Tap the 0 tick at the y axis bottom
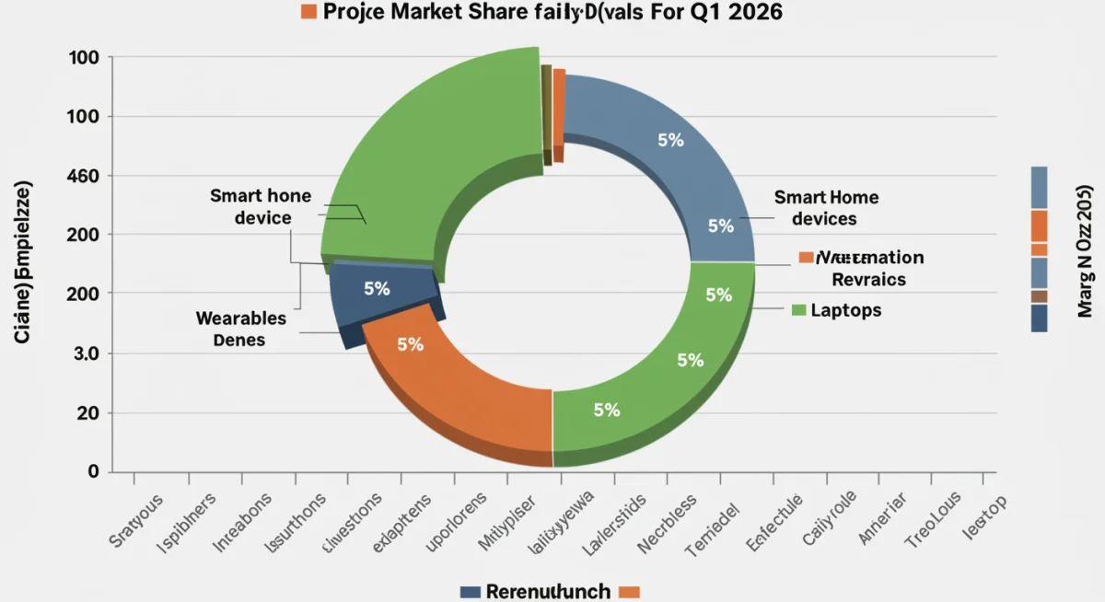click(x=93, y=471)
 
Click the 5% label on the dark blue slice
click(x=377, y=288)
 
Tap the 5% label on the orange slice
click(x=410, y=344)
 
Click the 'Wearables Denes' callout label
click(x=240, y=329)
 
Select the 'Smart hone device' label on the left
click(x=261, y=207)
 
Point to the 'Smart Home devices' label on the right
click(x=826, y=208)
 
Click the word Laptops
click(x=846, y=310)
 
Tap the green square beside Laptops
click(x=799, y=310)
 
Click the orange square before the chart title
click(x=308, y=11)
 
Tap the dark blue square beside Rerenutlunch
click(x=470, y=591)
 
